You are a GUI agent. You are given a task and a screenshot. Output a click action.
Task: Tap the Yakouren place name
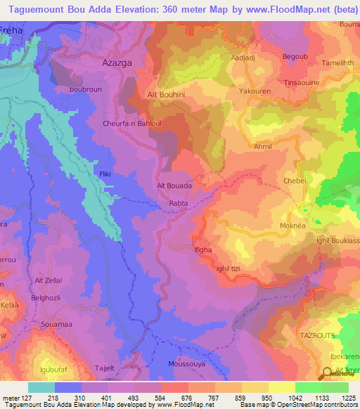tap(255, 91)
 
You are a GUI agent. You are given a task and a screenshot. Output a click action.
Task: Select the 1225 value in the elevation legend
tap(349, 398)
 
